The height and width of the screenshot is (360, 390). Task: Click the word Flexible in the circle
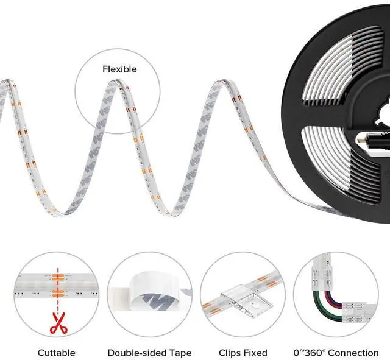(x=119, y=69)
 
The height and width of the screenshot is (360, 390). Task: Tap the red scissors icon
(x=58, y=323)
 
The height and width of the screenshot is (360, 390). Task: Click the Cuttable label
(x=57, y=353)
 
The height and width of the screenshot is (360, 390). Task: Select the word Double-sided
(x=137, y=353)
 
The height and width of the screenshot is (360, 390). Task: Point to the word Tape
(x=180, y=353)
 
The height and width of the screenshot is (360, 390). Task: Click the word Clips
(x=230, y=353)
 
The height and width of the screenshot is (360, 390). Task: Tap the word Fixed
(x=255, y=353)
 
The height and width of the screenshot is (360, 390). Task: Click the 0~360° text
(x=310, y=353)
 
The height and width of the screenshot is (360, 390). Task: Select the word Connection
(x=353, y=353)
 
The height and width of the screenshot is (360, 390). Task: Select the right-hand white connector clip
(x=358, y=312)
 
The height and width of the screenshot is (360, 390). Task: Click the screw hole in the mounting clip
(x=253, y=303)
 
